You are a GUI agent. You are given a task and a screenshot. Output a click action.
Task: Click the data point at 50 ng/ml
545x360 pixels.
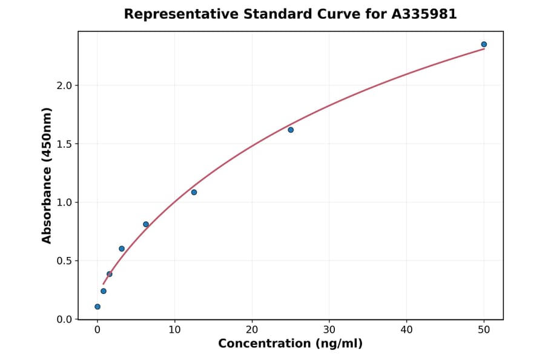coord(484,44)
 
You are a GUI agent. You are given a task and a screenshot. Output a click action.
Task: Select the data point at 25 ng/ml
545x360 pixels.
coord(291,130)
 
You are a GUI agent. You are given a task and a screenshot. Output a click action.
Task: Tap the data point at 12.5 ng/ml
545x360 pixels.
coord(194,192)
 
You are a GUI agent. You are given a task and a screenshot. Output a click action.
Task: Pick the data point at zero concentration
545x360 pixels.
coord(97,307)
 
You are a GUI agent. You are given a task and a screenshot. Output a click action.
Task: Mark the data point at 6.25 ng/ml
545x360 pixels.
coord(146,224)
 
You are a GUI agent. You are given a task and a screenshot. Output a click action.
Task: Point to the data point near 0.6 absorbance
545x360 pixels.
coord(122,248)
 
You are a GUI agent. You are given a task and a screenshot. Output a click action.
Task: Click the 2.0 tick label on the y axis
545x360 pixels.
coord(64,85)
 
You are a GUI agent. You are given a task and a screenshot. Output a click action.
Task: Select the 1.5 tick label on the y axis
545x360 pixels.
coord(64,144)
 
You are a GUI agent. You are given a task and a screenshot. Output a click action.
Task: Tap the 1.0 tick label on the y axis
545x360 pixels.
coord(64,202)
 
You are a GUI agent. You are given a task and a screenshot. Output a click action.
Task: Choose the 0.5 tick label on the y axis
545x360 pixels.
coord(64,261)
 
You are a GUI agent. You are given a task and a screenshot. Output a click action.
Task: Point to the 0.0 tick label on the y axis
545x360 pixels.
coord(64,319)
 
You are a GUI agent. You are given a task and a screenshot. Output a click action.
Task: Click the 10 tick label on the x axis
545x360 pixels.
coord(174,330)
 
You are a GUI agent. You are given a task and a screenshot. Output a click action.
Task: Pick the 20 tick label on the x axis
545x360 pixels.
coord(252,330)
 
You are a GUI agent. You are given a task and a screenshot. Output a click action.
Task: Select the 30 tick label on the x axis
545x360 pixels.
coord(329,330)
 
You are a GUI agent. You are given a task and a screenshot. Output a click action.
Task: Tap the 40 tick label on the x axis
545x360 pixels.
coord(406,330)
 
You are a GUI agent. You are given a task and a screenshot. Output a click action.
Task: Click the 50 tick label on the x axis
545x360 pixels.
coord(484,330)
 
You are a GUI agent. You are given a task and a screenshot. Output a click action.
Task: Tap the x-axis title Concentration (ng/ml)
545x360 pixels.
coord(290,344)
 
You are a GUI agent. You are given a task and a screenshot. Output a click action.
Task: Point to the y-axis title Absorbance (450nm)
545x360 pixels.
coord(47,175)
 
